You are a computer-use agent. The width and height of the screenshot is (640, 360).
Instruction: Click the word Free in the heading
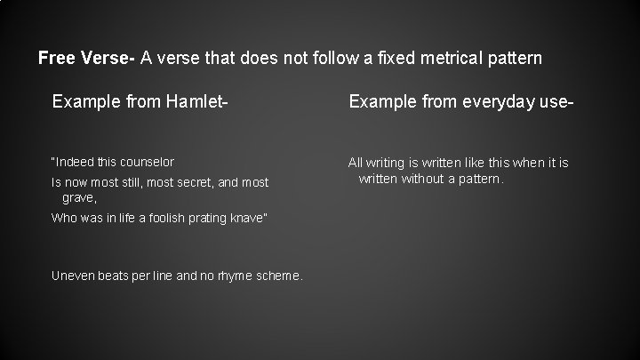(x=56, y=59)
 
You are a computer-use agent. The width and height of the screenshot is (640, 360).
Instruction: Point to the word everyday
(x=498, y=103)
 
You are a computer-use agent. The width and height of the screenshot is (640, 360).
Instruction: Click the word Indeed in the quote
(x=74, y=163)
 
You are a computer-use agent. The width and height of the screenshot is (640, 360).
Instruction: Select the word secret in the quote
(x=188, y=183)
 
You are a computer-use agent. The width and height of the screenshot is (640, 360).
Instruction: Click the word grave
(x=78, y=197)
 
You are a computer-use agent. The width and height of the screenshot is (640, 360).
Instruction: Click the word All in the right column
(x=356, y=163)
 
